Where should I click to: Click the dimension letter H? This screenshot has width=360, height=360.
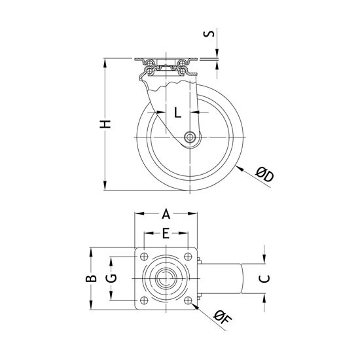coord(105,124)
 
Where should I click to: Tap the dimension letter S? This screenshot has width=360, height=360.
coord(209,33)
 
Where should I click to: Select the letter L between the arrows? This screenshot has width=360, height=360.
coord(177,113)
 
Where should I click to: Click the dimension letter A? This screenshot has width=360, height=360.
coord(166,214)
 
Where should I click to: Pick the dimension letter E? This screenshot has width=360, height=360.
coord(166,233)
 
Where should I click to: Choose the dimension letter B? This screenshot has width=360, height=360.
coord(91,278)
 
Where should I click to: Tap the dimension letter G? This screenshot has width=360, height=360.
coord(111,278)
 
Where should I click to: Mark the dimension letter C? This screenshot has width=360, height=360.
coord(264,279)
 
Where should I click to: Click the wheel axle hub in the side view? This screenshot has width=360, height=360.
coord(190,137)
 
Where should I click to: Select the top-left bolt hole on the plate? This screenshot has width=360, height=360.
coord(144,257)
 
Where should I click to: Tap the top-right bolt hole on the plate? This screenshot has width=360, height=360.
coord(188,257)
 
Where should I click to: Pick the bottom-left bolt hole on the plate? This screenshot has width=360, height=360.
coord(144,300)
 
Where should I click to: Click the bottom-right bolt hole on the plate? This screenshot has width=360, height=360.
coord(188,300)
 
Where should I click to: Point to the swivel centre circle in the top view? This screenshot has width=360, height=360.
coord(166,278)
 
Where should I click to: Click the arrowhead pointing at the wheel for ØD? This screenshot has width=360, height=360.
coord(240,168)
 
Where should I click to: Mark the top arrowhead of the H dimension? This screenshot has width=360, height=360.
coord(105,63)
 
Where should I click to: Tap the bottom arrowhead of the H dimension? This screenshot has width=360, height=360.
coord(105,186)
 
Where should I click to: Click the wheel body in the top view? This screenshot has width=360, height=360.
coord(219,278)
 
